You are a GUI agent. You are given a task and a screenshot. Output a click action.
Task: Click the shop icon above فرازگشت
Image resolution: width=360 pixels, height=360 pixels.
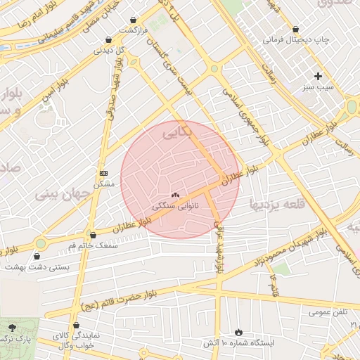coord(134,20)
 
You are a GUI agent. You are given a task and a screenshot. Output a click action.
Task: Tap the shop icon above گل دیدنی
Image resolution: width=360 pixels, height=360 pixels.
coord(108,40)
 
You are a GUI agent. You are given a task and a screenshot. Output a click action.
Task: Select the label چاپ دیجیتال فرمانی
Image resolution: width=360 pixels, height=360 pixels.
coord(295,40)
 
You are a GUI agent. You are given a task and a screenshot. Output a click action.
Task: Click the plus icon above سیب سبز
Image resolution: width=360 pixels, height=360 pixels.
coord(318,76)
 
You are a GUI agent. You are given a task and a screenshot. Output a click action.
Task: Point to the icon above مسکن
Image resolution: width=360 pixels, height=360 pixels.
coord(104,173)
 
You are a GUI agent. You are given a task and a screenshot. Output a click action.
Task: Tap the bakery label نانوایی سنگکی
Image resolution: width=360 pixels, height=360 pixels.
coord(175,206)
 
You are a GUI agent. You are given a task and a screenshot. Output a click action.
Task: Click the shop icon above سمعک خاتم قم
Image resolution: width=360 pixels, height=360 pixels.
coord(93,235)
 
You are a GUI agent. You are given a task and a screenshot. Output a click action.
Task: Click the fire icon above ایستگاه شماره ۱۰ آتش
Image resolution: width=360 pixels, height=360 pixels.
coord(238,331)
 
